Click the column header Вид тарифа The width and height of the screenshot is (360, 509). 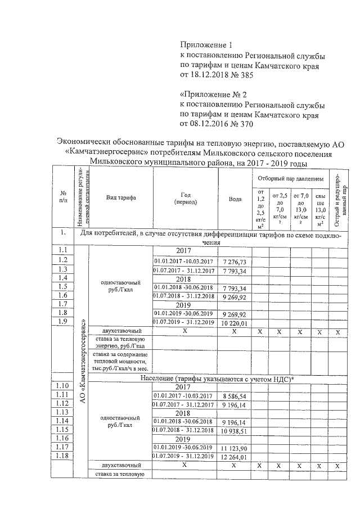120,197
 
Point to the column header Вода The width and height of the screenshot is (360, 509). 235,199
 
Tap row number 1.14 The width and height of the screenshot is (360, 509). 62,421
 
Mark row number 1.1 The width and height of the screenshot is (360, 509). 62,250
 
